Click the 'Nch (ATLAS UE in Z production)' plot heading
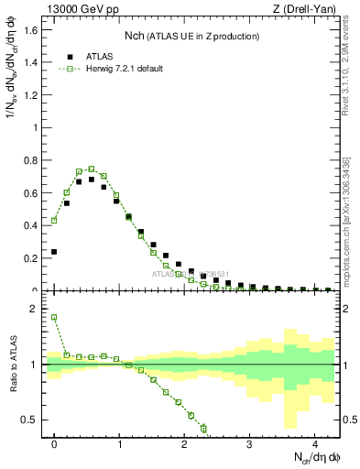(191, 36)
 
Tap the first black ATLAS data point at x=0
(54, 251)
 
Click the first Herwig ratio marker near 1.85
(54, 318)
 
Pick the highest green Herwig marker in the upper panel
(92, 169)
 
